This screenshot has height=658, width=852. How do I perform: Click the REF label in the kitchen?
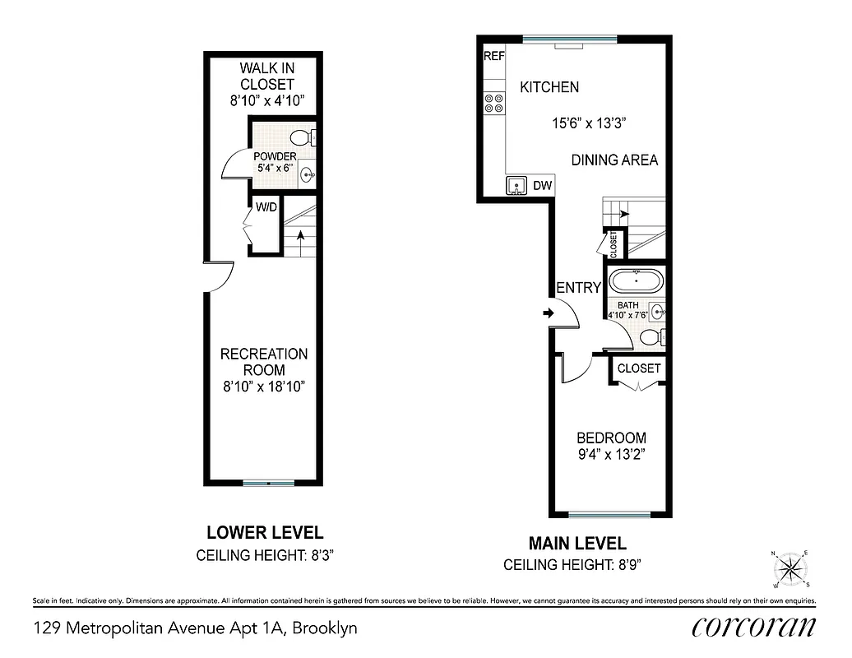[493, 57]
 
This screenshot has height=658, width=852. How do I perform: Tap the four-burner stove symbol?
[494, 103]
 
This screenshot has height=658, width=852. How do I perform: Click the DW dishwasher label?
[542, 186]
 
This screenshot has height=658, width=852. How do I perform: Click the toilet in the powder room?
[302, 137]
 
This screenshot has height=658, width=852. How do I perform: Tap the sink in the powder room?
[308, 174]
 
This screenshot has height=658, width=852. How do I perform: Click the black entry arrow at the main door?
[548, 313]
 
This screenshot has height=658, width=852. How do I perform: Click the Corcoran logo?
[753, 627]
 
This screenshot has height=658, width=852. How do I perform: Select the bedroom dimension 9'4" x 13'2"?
[610, 455]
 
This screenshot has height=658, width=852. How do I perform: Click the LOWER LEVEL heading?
[264, 532]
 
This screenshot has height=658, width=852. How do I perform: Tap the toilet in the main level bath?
[650, 336]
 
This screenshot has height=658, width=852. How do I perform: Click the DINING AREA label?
[614, 160]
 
